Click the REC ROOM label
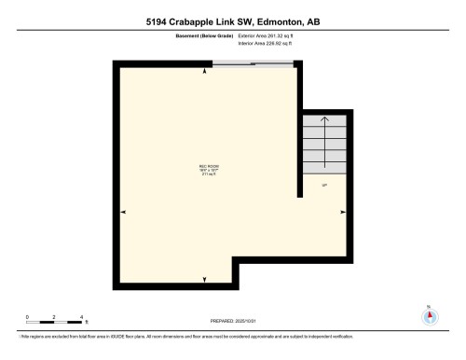(x=208, y=166)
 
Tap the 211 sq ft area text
(x=208, y=174)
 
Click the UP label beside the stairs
(x=324, y=186)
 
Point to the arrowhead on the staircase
(x=324, y=118)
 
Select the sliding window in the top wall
(x=253, y=63)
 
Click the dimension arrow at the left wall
(x=123, y=213)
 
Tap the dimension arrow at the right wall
(x=342, y=213)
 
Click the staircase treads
(x=324, y=145)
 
